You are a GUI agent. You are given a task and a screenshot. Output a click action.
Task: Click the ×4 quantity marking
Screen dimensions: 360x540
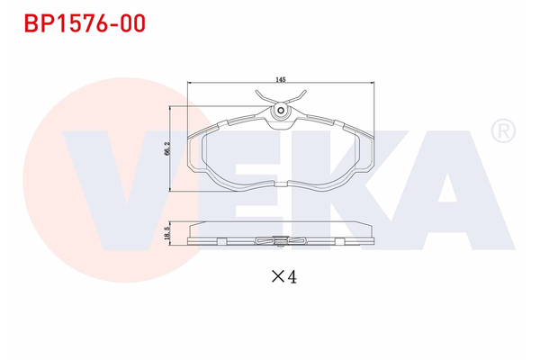pos(283,277)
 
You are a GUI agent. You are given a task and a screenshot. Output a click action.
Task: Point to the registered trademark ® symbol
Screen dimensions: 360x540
pos(501,132)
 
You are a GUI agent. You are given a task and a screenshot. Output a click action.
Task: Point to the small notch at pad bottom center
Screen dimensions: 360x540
pos(281,183)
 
